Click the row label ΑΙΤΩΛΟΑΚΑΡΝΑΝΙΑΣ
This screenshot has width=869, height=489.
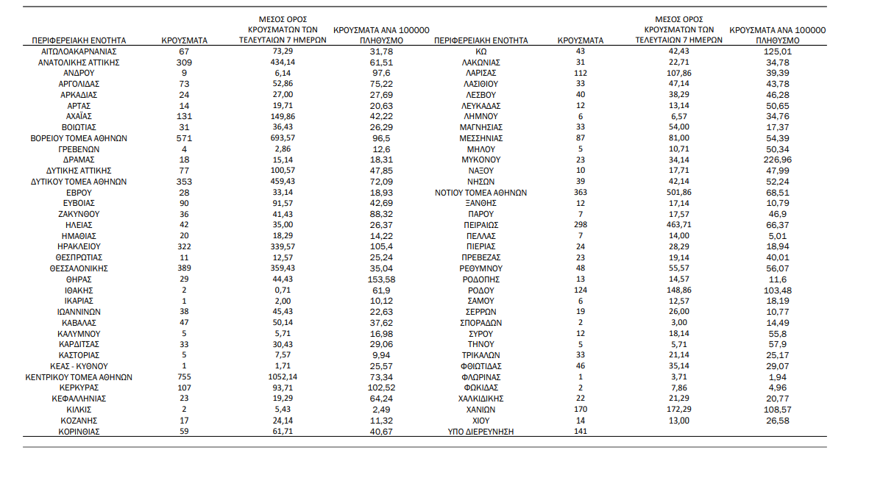click(x=79, y=51)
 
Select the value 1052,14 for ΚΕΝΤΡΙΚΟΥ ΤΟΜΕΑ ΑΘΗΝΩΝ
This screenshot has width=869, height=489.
click(x=283, y=377)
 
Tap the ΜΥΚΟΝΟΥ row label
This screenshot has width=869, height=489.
click(x=481, y=160)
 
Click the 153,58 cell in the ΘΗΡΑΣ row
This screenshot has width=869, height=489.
click(x=381, y=279)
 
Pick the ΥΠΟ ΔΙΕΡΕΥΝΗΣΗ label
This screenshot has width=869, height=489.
click(x=481, y=432)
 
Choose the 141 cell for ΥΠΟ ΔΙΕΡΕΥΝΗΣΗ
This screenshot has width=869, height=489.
click(x=580, y=432)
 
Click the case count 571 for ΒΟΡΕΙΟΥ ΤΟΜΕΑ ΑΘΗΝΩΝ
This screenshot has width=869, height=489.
click(x=184, y=138)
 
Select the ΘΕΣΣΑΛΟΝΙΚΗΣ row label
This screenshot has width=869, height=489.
click(x=79, y=268)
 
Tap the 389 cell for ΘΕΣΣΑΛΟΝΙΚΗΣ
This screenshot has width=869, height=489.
click(x=184, y=268)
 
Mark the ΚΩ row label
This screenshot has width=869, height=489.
click(x=481, y=51)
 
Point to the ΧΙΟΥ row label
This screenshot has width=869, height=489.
click(x=481, y=421)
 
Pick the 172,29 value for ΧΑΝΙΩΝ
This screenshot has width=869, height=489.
click(x=678, y=410)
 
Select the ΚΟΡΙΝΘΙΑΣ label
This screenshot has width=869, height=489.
click(x=79, y=432)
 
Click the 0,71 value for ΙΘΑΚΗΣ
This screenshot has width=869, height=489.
click(x=283, y=290)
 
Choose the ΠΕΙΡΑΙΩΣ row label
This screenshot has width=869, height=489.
click(x=481, y=225)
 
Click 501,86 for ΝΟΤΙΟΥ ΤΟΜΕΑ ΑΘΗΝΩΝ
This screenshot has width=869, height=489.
click(x=678, y=193)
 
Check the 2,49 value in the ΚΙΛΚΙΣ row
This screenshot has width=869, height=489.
click(x=381, y=410)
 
